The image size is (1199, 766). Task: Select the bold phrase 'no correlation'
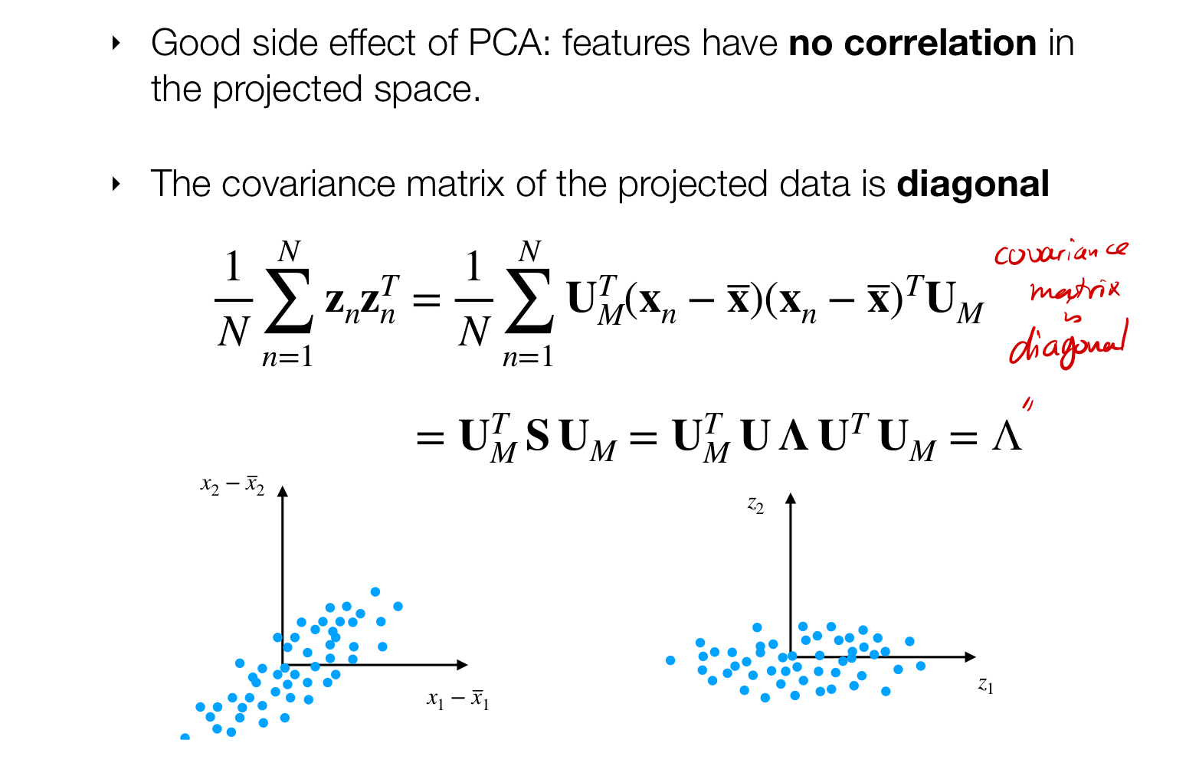(912, 44)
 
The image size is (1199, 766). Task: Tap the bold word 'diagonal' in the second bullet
(973, 185)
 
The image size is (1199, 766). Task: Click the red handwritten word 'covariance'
(1060, 253)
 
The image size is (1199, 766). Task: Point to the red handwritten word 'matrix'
(1074, 290)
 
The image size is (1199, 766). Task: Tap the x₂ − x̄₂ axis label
(232, 486)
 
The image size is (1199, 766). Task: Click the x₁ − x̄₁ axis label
(457, 699)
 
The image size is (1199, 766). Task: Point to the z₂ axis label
(755, 506)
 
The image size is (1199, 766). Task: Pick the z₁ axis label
(985, 685)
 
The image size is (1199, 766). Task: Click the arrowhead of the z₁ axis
(971, 656)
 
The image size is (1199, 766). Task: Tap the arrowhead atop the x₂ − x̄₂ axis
(283, 492)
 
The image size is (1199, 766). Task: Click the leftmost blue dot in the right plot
(670, 660)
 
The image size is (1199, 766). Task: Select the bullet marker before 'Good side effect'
(116, 43)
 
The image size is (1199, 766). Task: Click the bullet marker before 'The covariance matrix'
(116, 184)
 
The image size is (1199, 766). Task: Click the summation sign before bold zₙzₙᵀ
(288, 301)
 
